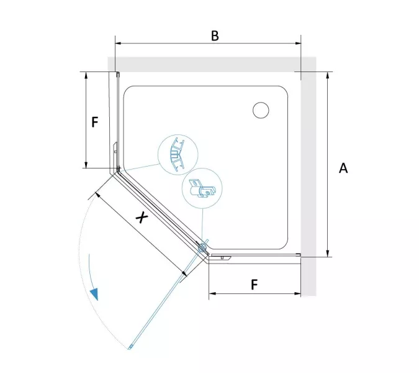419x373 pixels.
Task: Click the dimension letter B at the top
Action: [x=215, y=36]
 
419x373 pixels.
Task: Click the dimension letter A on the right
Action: [x=343, y=168]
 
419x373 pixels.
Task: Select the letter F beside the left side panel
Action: [x=95, y=122]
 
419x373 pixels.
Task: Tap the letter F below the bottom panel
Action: [x=255, y=285]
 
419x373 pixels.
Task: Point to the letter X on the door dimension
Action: [x=142, y=217]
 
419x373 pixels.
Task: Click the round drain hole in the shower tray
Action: [x=261, y=110]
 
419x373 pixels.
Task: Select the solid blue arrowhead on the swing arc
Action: [x=94, y=294]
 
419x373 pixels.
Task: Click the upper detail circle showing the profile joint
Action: [x=178, y=155]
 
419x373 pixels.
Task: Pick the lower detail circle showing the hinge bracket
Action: [x=202, y=188]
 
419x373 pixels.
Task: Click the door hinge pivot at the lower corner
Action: [x=202, y=248]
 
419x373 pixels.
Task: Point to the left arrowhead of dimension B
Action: [x=119, y=43]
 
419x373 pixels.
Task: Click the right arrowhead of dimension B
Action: [x=298, y=43]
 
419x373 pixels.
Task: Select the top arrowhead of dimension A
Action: [x=328, y=75]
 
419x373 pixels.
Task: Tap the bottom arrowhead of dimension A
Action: [x=328, y=254]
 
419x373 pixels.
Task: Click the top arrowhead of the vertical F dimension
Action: [x=86, y=75]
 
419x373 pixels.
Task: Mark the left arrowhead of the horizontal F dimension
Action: [x=212, y=293]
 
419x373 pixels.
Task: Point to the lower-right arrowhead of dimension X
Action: [x=184, y=273]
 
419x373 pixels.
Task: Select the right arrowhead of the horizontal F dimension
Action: [x=297, y=293]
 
